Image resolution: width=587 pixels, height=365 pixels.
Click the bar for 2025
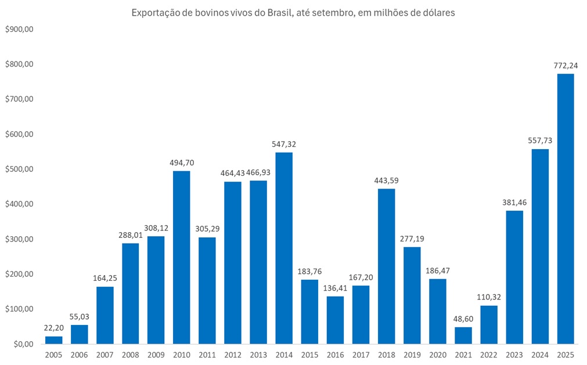[566, 209]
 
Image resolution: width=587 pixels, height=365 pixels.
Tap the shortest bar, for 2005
[53, 340]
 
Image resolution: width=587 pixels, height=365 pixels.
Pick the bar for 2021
[463, 335]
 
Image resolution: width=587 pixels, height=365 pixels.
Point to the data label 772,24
[566, 64]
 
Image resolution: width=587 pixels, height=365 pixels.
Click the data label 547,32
[284, 143]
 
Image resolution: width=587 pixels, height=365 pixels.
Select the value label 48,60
[463, 318]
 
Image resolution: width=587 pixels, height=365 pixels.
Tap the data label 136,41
[335, 287]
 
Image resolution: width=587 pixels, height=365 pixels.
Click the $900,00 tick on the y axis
[20, 29]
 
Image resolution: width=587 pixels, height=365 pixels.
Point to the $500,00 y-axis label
[20, 169]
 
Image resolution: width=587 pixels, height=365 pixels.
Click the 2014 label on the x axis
[284, 354]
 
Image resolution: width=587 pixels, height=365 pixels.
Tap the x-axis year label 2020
[438, 354]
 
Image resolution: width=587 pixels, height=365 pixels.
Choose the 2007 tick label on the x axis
[105, 354]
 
